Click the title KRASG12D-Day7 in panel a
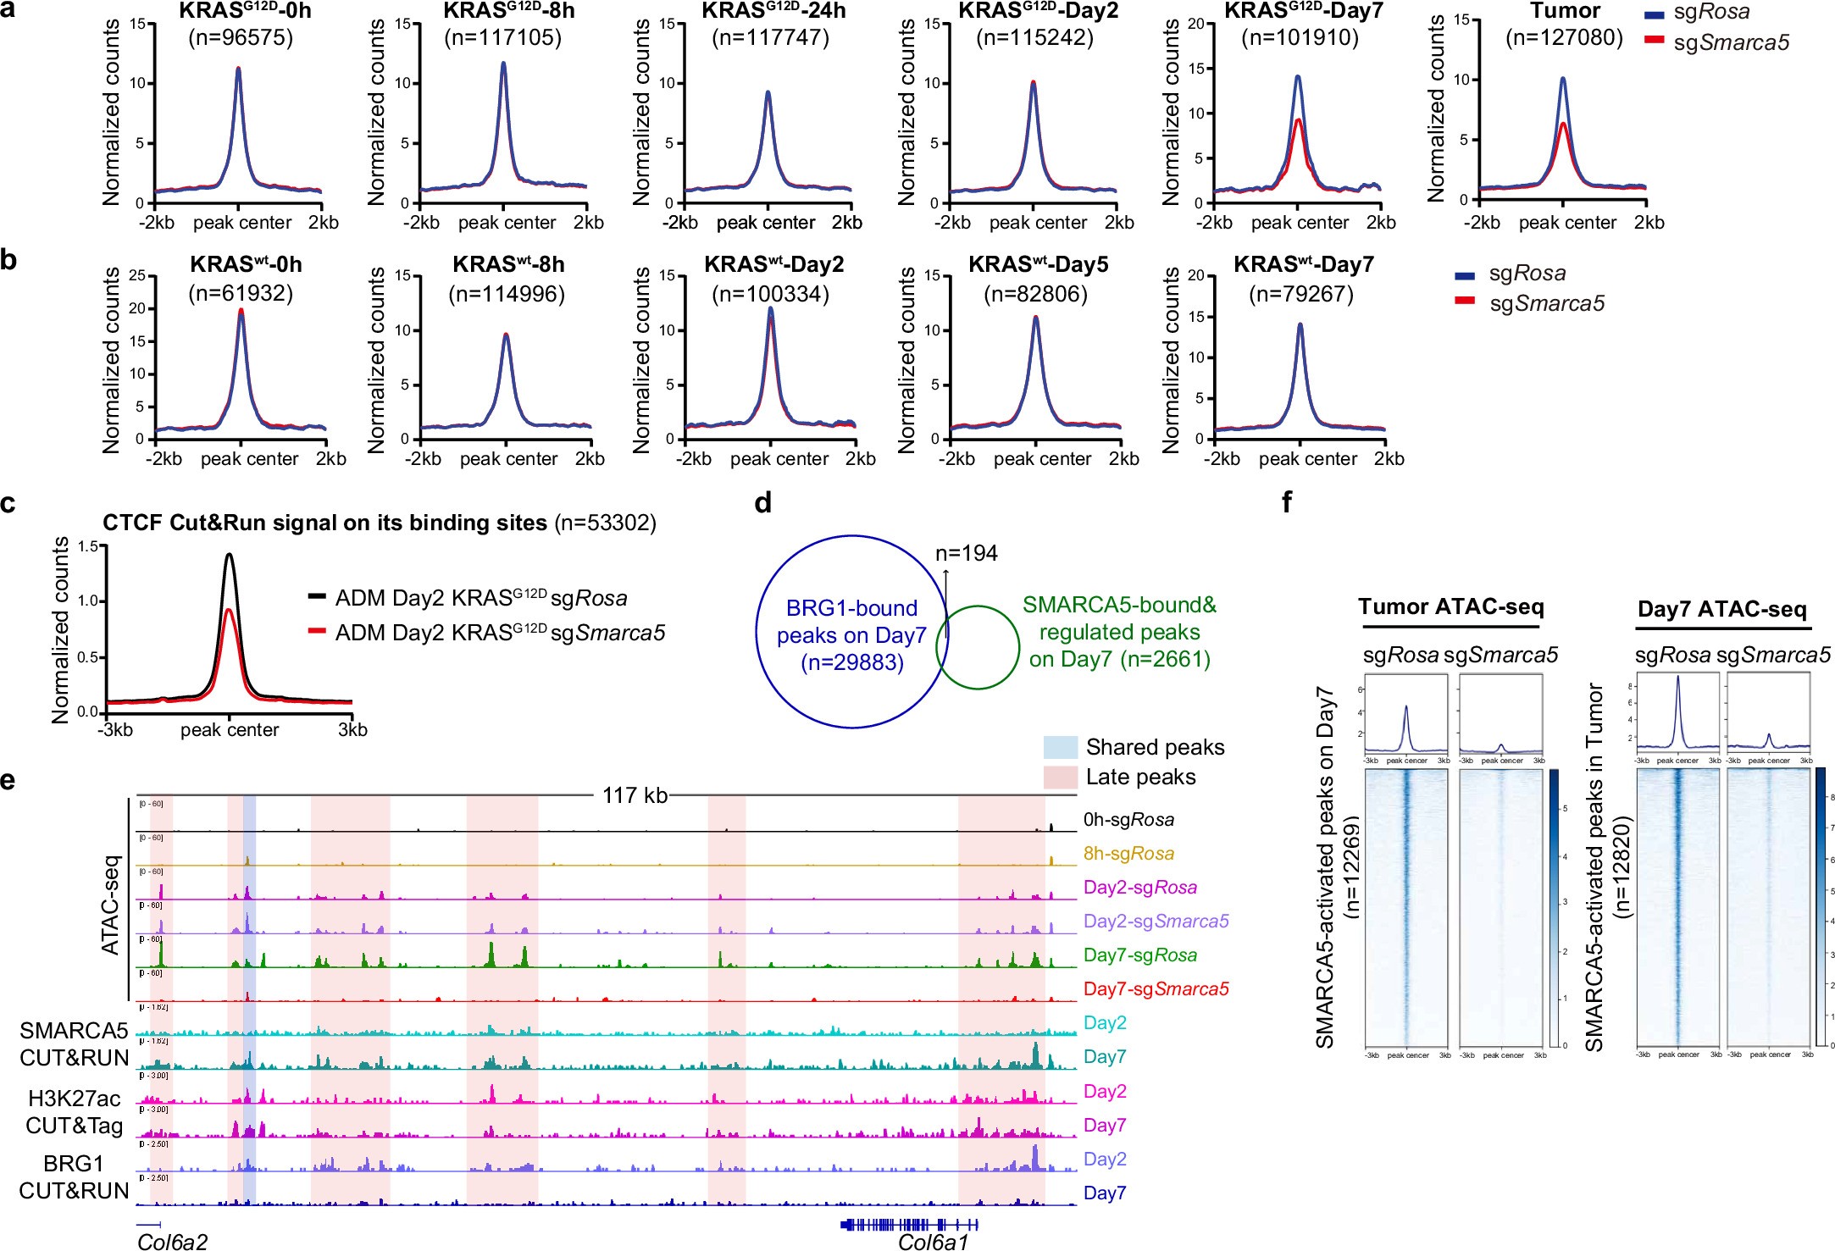(x=1304, y=12)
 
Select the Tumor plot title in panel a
(x=1565, y=12)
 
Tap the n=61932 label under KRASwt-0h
(x=241, y=294)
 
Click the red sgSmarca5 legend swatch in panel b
(x=1465, y=301)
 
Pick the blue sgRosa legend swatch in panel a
(x=1654, y=14)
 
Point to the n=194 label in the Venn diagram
(x=966, y=554)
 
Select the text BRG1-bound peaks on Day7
(x=851, y=622)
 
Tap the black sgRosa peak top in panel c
(x=229, y=556)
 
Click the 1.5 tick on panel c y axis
(x=88, y=547)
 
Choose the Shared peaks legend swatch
(x=1060, y=747)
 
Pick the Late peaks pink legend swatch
(x=1060, y=777)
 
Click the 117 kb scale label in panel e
(x=635, y=795)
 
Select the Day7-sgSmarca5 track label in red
(x=1156, y=988)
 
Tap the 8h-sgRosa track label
(x=1128, y=854)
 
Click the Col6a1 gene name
(x=932, y=1242)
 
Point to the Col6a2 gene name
(x=172, y=1242)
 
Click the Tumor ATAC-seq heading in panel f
(x=1451, y=607)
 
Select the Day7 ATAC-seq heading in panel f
(x=1721, y=610)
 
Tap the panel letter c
(x=8, y=504)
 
